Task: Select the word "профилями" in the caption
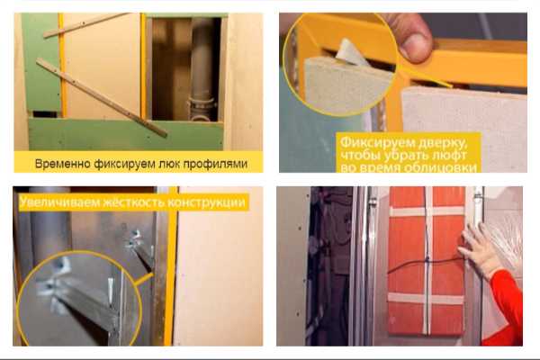(215, 165)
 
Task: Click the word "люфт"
(451, 155)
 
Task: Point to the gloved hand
(479, 249)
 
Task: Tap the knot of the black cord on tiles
(427, 258)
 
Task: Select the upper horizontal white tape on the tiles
(427, 211)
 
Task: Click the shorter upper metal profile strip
(86, 25)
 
